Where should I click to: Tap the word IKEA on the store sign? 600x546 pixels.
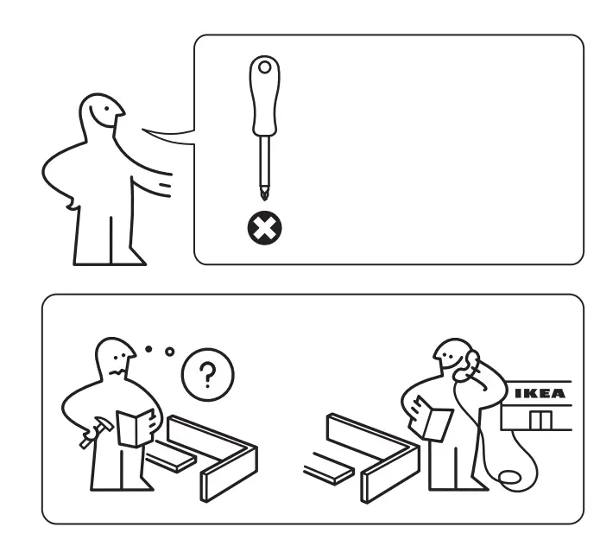(540, 394)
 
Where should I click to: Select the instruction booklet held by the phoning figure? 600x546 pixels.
(433, 420)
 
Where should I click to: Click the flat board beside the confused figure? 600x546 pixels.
(174, 458)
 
